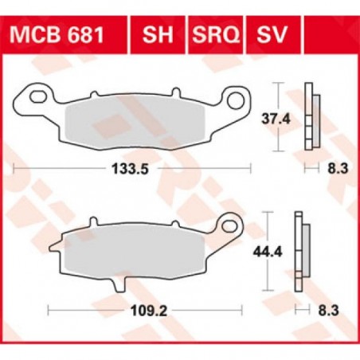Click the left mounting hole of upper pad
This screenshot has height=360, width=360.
pyautogui.click(x=35, y=99)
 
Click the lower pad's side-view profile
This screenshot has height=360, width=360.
pyautogui.click(x=301, y=252)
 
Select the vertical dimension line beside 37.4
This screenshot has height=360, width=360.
pyautogui.click(x=276, y=117)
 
